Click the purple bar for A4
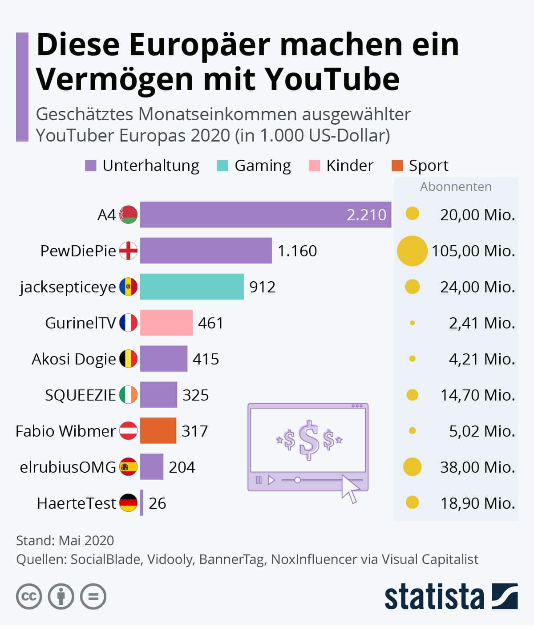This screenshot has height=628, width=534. (x=265, y=215)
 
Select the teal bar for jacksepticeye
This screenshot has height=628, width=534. (x=192, y=287)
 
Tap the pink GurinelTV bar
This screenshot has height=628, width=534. (x=166, y=323)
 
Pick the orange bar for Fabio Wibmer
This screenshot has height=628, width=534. (x=158, y=431)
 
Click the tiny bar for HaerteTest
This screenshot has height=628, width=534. (x=142, y=503)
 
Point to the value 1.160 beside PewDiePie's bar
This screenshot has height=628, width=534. (x=297, y=251)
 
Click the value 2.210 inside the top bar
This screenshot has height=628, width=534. (x=366, y=215)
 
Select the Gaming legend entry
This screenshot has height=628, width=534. (x=262, y=166)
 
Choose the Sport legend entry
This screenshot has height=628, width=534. (x=428, y=166)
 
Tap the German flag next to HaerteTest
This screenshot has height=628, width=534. (x=128, y=503)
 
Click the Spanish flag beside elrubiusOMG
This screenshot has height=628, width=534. (x=128, y=467)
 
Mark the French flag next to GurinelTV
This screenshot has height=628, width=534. (x=128, y=323)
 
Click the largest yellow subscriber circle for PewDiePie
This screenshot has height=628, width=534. (x=412, y=251)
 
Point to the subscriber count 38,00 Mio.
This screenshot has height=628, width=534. (x=477, y=467)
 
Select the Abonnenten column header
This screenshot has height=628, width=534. (x=456, y=186)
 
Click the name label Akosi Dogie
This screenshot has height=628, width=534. (x=73, y=359)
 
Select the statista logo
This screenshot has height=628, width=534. (x=451, y=596)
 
